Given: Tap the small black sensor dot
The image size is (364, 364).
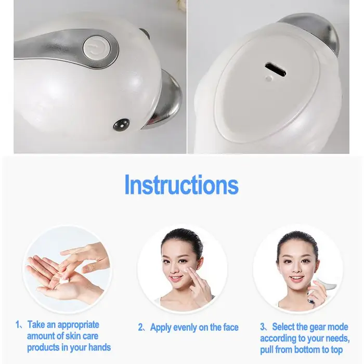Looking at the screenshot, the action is point(121,125).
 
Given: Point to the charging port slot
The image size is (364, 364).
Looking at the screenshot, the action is point(276,69).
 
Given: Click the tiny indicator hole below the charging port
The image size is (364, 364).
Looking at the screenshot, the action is point(269,79).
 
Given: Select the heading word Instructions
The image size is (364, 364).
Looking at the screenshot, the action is point(181,185).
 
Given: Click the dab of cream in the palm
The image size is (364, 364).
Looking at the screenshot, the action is point(64,281).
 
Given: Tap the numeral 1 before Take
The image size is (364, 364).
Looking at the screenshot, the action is point(17,324).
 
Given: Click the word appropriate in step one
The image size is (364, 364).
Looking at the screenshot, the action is point(78,325).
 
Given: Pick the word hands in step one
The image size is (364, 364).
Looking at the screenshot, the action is point(99,347).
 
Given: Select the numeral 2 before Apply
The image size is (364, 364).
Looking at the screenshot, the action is point(141,327).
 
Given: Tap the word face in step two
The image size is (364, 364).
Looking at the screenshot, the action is point(231,327).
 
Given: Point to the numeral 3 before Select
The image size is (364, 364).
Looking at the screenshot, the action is point(262,327).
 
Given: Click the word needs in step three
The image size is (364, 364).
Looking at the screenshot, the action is point(338,339).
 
